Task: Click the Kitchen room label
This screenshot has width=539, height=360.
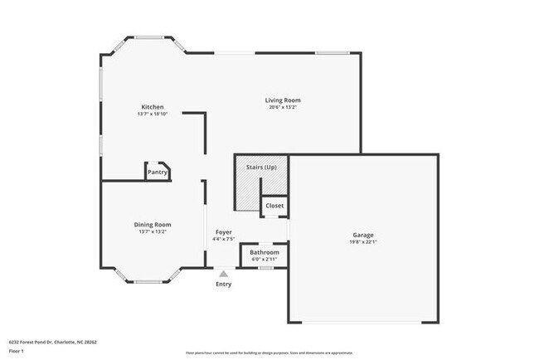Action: point(152,107)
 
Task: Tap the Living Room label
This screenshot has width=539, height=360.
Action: point(283,100)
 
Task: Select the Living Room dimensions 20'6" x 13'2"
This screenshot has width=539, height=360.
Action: point(283,107)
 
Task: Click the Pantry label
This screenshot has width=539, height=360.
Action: point(158,173)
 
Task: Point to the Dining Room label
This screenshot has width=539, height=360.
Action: point(153,224)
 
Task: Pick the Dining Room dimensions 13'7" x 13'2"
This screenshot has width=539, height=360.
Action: point(153,231)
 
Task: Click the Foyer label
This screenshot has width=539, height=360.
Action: point(224,232)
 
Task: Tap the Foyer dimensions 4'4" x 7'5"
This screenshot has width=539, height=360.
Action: point(224,240)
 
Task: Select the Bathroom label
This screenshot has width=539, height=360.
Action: point(265,252)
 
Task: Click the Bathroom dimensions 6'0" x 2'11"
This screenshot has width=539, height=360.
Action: point(265,260)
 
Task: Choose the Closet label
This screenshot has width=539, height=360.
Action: point(274,206)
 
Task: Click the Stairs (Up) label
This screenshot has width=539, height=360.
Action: point(261,168)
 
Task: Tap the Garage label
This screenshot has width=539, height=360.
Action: point(363,235)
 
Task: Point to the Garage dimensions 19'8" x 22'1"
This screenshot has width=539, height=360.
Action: point(363,242)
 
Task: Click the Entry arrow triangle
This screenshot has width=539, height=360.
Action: point(223,272)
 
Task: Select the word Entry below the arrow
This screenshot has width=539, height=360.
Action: point(224,285)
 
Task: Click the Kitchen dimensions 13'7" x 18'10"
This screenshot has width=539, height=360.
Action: point(152,114)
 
